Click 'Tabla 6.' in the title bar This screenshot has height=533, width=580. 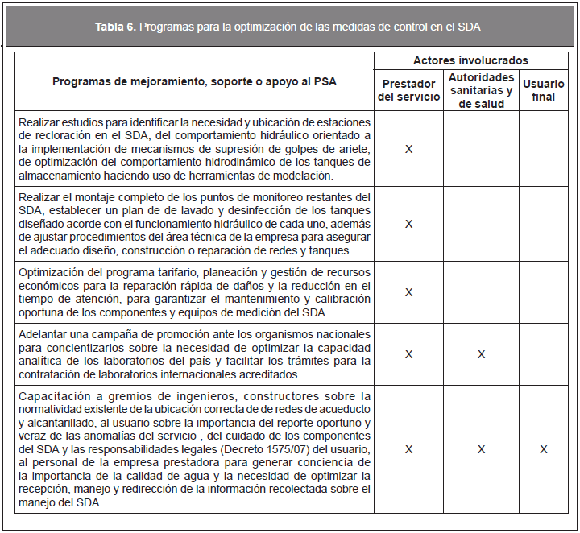(x=115, y=27)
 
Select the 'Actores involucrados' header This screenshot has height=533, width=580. (x=470, y=60)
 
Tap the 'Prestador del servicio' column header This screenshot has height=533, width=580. (x=408, y=90)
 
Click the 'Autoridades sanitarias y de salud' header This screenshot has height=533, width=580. (x=481, y=90)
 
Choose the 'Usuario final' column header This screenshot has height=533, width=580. (x=544, y=90)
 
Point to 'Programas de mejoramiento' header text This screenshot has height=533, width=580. (x=194, y=81)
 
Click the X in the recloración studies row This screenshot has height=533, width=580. (x=408, y=150)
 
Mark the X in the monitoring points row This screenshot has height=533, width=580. (x=408, y=223)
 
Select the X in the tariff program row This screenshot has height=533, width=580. (x=408, y=291)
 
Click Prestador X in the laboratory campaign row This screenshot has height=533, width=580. (x=408, y=354)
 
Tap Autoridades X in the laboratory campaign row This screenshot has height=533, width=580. (x=481, y=354)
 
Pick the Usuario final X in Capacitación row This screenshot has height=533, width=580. (x=544, y=449)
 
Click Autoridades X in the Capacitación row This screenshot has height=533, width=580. (x=481, y=449)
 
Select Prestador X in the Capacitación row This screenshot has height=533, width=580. (x=408, y=449)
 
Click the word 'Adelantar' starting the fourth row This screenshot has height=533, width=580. (x=43, y=334)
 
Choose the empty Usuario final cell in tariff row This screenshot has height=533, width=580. (x=544, y=291)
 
